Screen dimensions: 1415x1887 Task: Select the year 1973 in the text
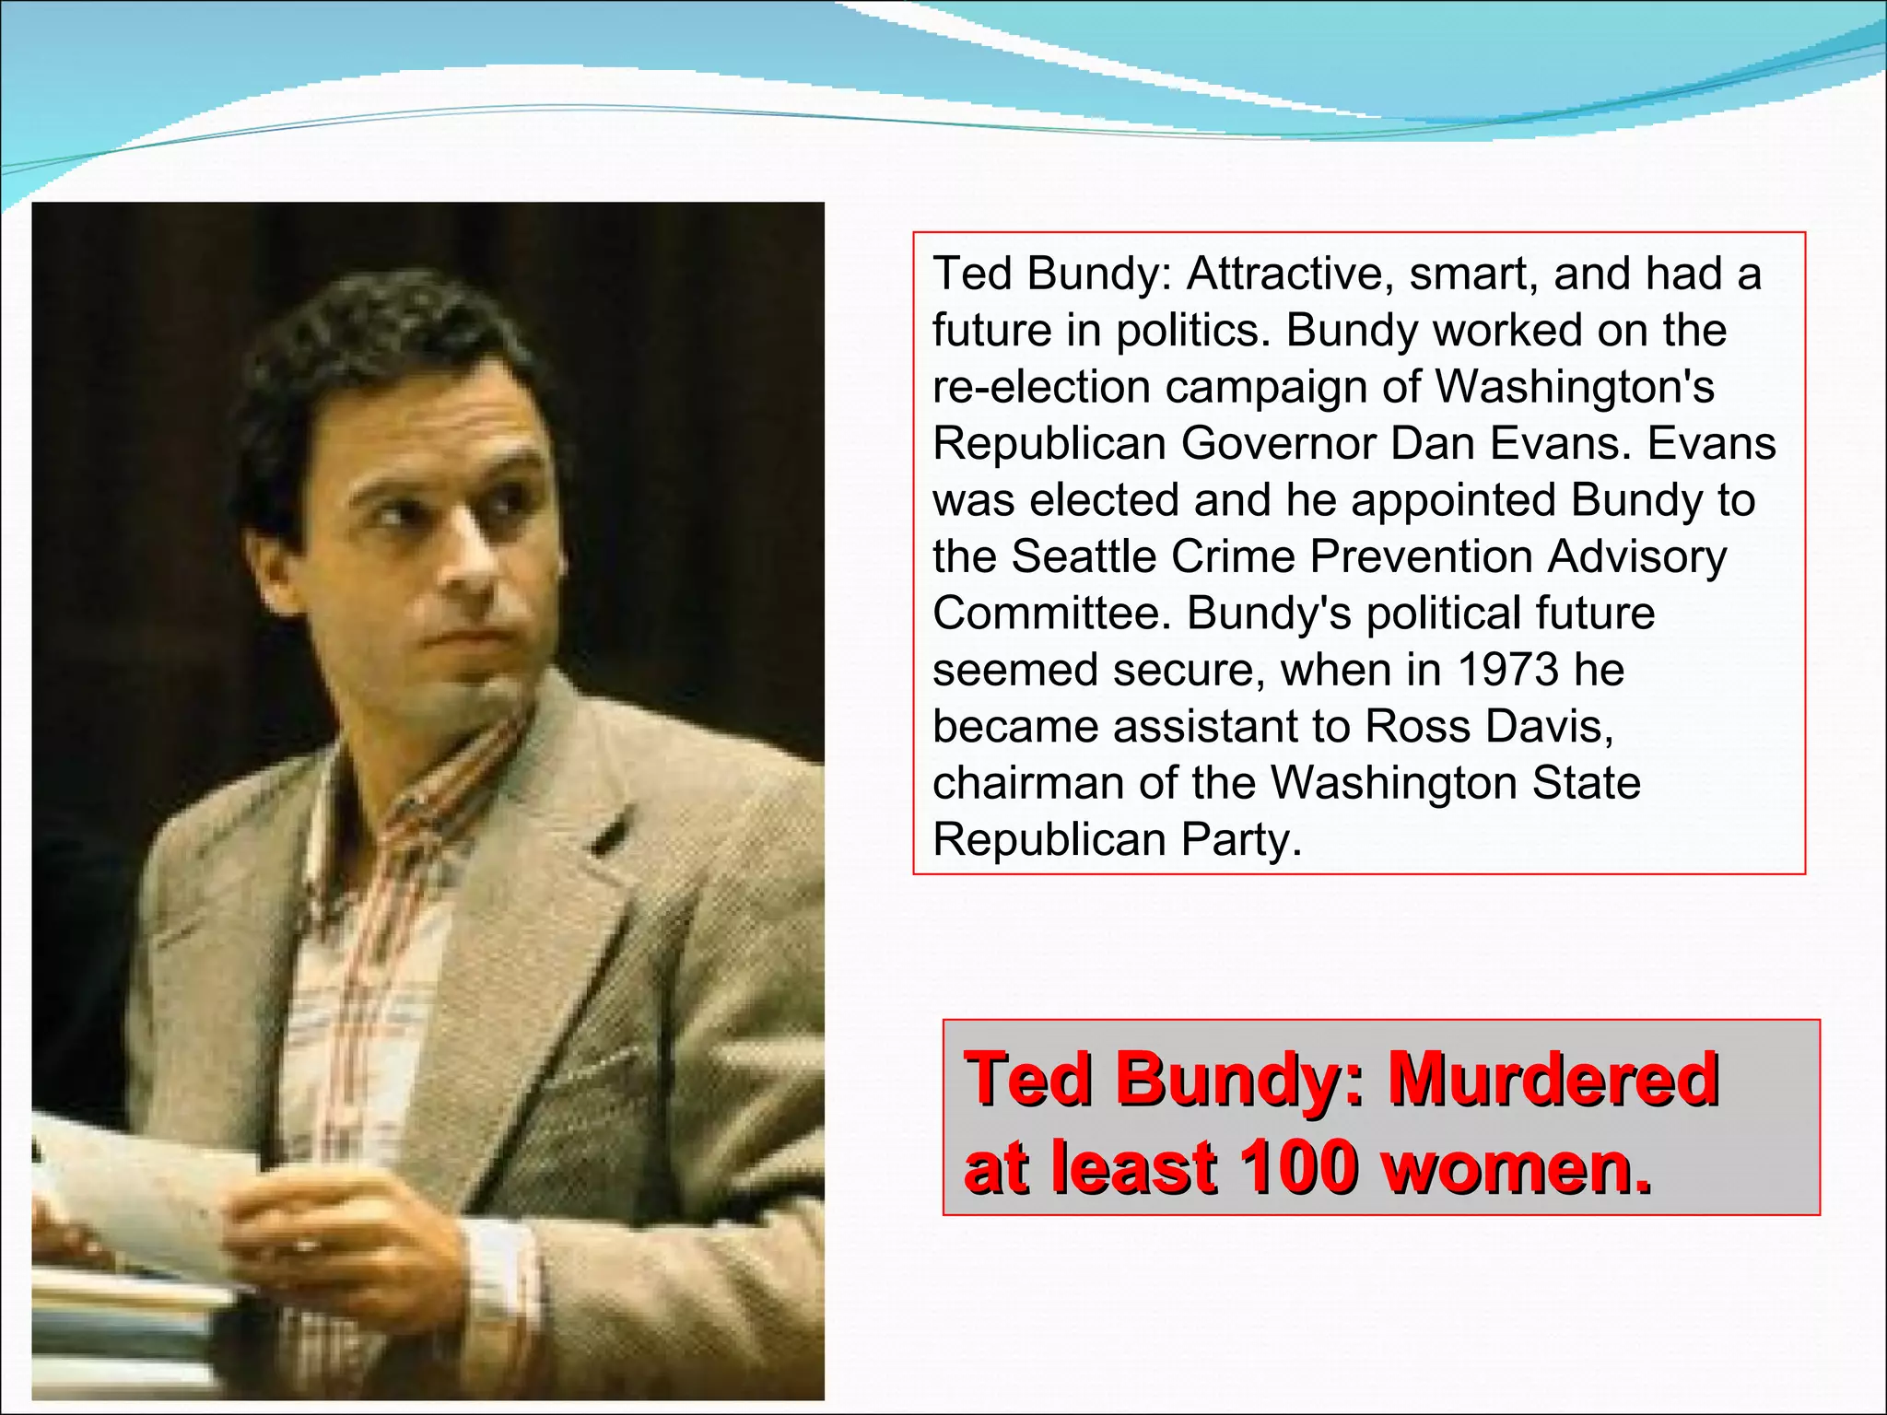1506,670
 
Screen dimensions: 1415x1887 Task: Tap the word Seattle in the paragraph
1084,556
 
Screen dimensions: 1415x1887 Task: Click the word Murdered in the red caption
1553,1079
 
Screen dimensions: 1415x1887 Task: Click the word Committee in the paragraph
1050,614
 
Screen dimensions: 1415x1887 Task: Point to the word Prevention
1422,556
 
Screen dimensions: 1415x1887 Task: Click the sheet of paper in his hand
147,1188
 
